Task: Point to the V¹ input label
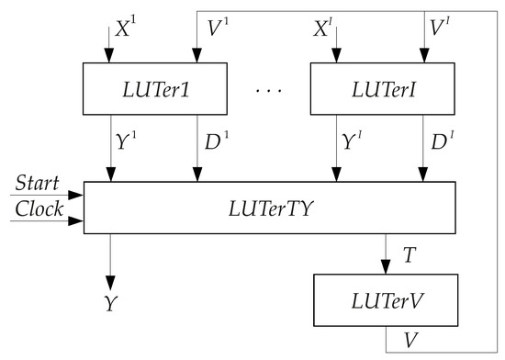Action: coord(217,30)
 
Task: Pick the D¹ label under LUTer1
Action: coord(217,142)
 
